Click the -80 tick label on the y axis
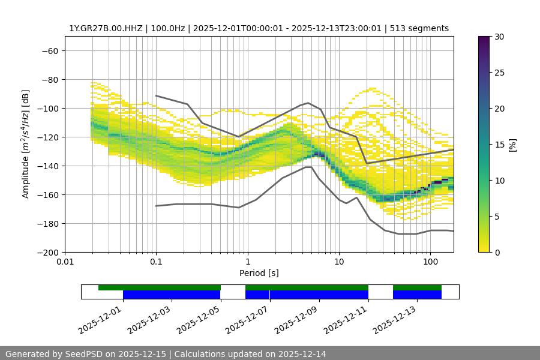tap(49, 79)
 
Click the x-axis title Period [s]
tap(259, 274)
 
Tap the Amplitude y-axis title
tap(26, 144)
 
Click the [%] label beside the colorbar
tap(513, 144)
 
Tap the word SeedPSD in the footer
tap(83, 354)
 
